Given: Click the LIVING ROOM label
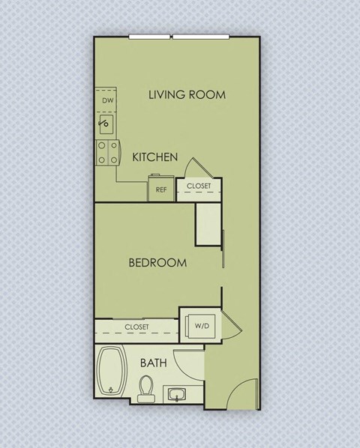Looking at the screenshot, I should pos(187,94).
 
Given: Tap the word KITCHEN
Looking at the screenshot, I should pos(154,157).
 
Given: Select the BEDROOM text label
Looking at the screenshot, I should pos(157,263).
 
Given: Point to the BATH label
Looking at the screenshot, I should pos(154,363).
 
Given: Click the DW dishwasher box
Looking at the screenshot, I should pos(106,99).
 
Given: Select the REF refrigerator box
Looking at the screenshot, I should pos(160,188).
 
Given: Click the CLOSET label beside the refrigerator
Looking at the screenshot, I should pos(199,186).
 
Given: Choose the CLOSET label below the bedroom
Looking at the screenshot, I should pos(136,327).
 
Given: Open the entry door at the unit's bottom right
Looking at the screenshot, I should pos(244,393).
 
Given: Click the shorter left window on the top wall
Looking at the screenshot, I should pos(150,37).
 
